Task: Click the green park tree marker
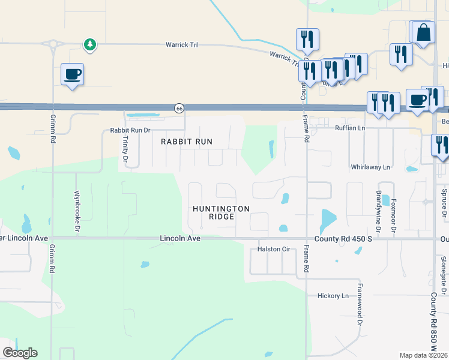pyautogui.click(x=89, y=44)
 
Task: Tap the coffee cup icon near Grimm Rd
pyautogui.click(x=72, y=74)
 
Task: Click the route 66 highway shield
pyautogui.click(x=179, y=108)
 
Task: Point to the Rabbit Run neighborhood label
pyautogui.click(x=187, y=142)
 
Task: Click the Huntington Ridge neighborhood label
pyautogui.click(x=221, y=212)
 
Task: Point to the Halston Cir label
pyautogui.click(x=274, y=249)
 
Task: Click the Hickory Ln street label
pyautogui.click(x=332, y=296)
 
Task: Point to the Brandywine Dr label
pyautogui.click(x=378, y=211)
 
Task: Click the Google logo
pyautogui.click(x=20, y=352)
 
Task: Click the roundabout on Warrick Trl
pyautogui.click(x=53, y=44)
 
